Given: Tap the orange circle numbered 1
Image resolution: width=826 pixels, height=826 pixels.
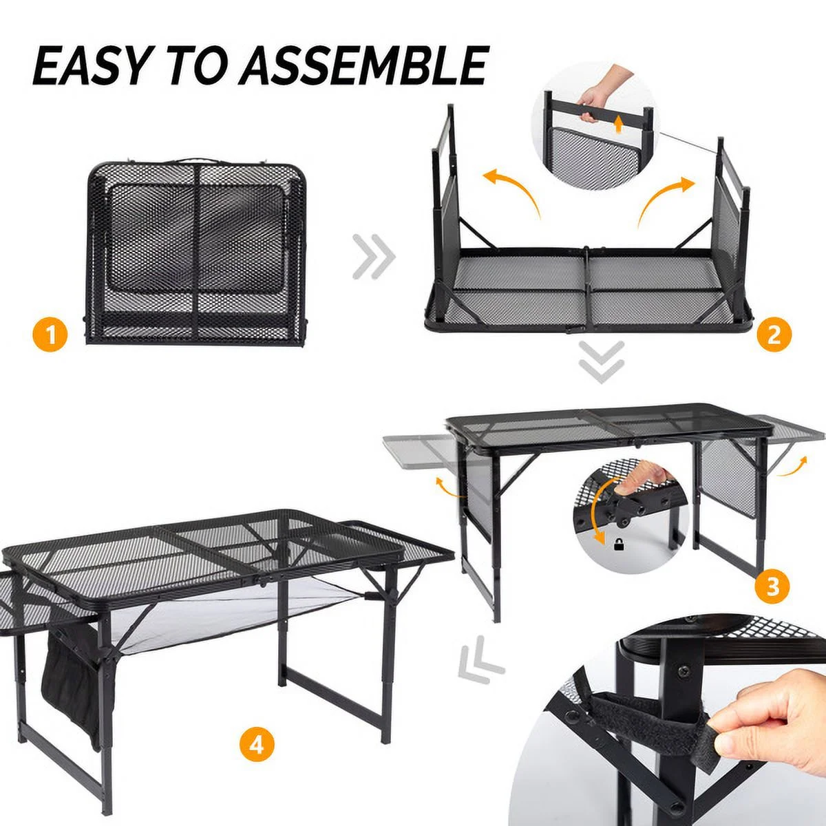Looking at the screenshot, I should [x=50, y=337].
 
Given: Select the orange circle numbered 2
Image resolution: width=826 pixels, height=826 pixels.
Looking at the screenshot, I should [x=774, y=335].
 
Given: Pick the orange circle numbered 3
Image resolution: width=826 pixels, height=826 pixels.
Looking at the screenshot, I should [x=772, y=586].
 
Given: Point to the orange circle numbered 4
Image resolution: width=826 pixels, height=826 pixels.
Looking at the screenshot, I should [x=257, y=745].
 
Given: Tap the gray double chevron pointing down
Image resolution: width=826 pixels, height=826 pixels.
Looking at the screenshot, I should [x=601, y=361].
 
